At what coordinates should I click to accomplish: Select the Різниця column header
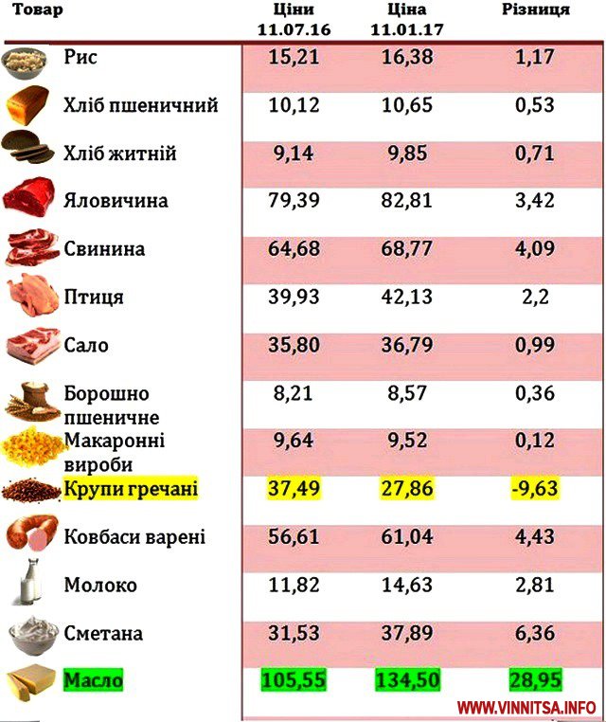pyautogui.click(x=535, y=10)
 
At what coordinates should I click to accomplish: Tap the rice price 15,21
pyautogui.click(x=294, y=59)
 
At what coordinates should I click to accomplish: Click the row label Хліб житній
pyautogui.click(x=119, y=153)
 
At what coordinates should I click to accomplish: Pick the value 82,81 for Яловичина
pyautogui.click(x=408, y=201)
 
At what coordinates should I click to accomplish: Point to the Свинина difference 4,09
pyautogui.click(x=534, y=249)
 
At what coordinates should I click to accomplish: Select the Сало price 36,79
pyautogui.click(x=408, y=345)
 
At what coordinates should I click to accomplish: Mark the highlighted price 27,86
pyautogui.click(x=408, y=489)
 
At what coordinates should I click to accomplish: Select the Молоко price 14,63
pyautogui.click(x=408, y=586)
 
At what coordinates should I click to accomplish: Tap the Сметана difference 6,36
pyautogui.click(x=534, y=633)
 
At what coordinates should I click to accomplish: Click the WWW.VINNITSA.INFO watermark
pyautogui.click(x=526, y=707)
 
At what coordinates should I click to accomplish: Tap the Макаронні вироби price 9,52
pyautogui.click(x=408, y=441)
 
